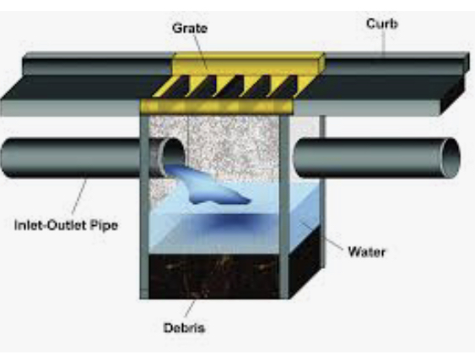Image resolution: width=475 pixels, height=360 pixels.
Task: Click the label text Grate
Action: (190, 29)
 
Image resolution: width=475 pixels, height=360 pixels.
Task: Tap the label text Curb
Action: (381, 24)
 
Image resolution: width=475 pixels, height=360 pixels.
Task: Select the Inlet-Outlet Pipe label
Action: (66, 226)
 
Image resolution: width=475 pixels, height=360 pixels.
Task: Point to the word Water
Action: (367, 252)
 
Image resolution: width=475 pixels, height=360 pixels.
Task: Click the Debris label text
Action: (184, 328)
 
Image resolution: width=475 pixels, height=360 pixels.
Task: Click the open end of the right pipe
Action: (451, 158)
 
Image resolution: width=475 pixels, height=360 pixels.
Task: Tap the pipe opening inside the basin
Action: (173, 155)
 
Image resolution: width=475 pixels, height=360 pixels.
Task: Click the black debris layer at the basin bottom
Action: (213, 277)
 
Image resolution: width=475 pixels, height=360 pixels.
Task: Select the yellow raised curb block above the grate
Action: (248, 63)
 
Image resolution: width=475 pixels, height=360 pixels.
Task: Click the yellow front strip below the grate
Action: (217, 106)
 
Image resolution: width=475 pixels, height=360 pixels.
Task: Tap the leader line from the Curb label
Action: (384, 42)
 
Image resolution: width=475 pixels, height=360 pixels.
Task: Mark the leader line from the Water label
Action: (321, 234)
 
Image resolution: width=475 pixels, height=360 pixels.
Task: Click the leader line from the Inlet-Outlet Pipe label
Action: (79, 196)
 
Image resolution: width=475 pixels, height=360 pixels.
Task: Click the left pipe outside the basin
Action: (71, 158)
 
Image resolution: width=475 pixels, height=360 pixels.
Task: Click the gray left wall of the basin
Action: (144, 207)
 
